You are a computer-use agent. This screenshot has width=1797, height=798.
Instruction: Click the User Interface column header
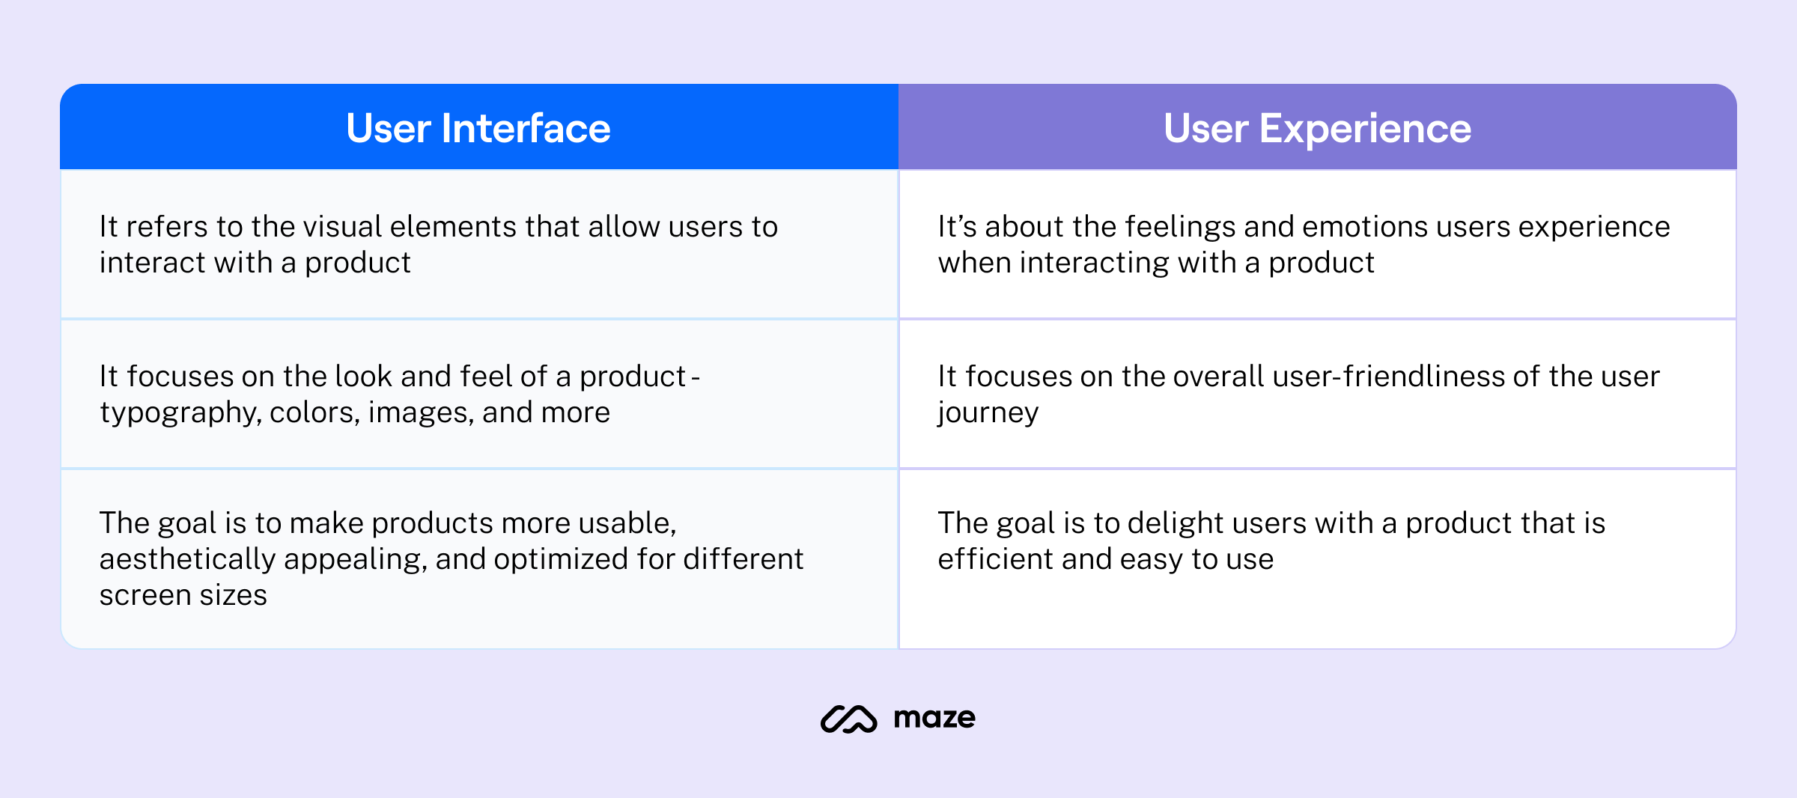pyautogui.click(x=478, y=128)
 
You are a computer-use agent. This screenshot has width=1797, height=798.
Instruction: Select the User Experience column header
pyautogui.click(x=1317, y=128)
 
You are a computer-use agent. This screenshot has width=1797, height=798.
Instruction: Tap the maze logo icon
pyautogui.click(x=848, y=719)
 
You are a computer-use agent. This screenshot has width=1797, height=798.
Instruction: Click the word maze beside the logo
pyautogui.click(x=934, y=719)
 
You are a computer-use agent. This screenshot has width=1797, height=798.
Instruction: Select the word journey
pyautogui.click(x=988, y=413)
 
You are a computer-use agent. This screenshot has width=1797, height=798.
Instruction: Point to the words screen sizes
pyautogui.click(x=183, y=596)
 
